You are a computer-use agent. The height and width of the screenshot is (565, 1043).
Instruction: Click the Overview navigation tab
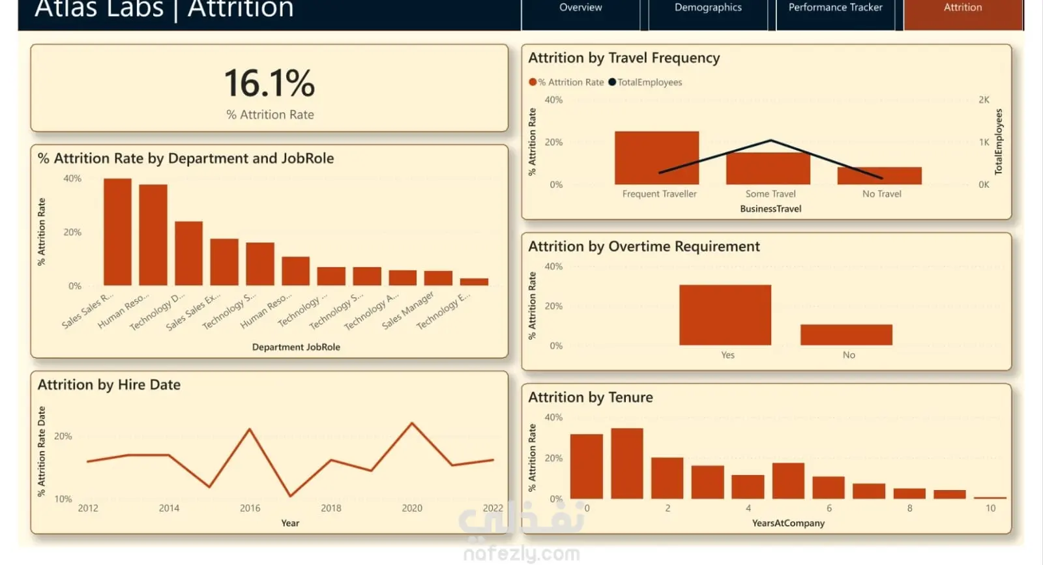point(580,8)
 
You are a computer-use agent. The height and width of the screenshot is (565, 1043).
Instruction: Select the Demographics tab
point(708,8)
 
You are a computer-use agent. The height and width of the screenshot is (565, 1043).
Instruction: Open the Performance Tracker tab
point(835,8)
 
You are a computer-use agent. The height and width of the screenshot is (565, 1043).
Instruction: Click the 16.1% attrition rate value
point(269,83)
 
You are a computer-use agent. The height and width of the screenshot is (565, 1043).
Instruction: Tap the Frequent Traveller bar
point(656,158)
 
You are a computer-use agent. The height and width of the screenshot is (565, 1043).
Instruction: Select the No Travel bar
point(879,176)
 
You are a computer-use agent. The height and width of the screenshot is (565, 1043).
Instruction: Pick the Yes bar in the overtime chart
point(725,315)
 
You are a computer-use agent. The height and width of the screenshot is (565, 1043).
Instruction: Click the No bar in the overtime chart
point(846,335)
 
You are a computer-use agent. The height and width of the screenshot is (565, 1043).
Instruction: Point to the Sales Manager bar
point(438,278)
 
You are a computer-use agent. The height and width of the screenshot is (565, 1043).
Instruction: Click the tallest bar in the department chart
point(117,232)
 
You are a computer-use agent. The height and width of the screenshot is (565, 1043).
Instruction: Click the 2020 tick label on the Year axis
point(412,508)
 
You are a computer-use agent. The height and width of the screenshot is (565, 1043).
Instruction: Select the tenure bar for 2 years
point(667,478)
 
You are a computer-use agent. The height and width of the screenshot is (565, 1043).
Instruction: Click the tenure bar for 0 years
point(586,467)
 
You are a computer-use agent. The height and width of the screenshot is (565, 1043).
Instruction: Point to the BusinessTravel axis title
point(771,209)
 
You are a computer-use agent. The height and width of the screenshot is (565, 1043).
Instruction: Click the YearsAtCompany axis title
point(788,523)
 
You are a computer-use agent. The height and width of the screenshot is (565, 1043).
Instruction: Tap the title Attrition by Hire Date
point(109,385)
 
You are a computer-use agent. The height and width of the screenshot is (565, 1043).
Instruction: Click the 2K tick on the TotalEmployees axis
point(984,100)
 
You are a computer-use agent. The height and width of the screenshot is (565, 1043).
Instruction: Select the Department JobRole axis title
point(296,347)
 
